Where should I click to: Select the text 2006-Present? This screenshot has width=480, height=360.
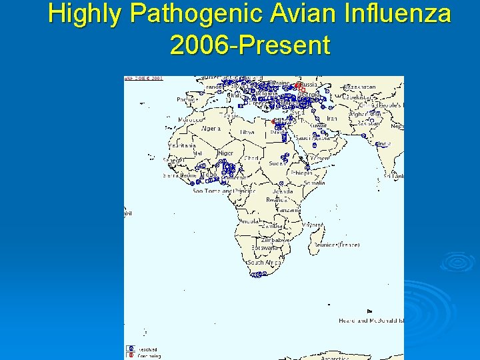[x=250, y=45]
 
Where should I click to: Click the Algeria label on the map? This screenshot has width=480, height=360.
[x=211, y=128]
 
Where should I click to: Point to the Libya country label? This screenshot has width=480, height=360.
[x=247, y=132]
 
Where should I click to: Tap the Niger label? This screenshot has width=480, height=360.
[x=226, y=153]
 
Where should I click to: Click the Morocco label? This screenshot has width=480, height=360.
[x=189, y=120]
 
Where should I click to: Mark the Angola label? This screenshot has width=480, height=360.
[x=249, y=221]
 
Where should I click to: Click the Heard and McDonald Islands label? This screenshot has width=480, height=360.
[x=371, y=321]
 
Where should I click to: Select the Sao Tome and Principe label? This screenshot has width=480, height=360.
[x=224, y=191]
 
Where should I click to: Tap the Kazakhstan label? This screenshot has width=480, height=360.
[x=359, y=87]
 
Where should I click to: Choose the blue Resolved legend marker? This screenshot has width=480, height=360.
[x=131, y=349]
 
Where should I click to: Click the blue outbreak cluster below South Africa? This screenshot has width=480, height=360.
[x=258, y=274]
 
